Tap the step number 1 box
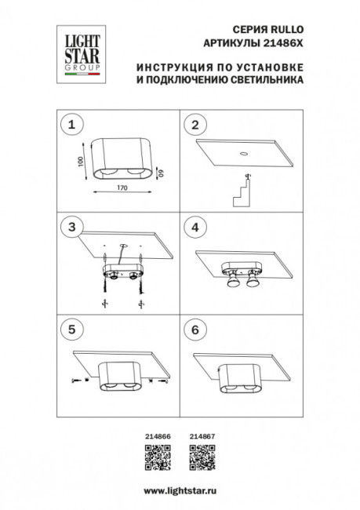72,124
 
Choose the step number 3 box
72,228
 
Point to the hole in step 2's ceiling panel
244,153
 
